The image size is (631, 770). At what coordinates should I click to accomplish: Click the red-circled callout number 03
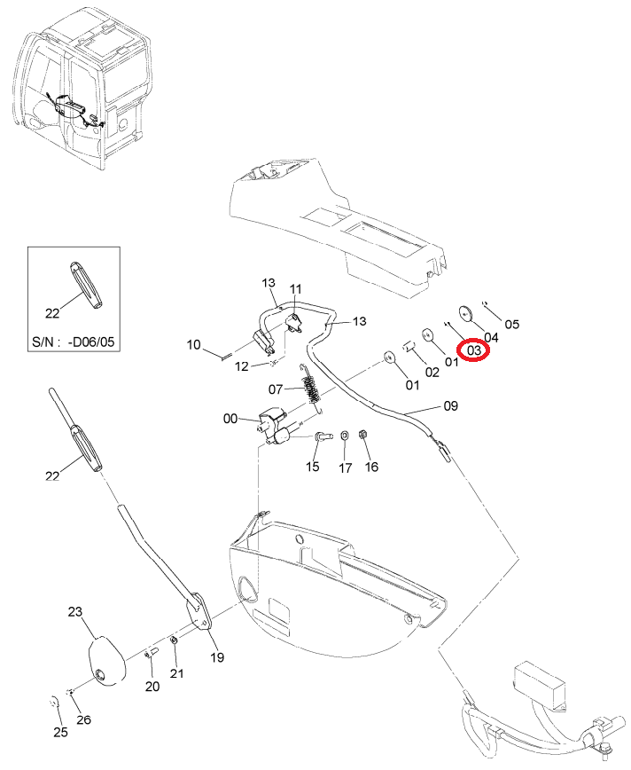pos(474,350)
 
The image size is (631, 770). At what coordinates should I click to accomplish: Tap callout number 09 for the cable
pos(450,405)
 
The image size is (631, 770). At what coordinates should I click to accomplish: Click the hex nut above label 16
pos(363,434)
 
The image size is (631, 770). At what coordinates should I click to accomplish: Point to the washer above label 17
pos(345,435)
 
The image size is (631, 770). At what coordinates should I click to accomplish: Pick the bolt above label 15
pos(322,436)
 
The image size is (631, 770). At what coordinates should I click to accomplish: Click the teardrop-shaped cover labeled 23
pos(106,660)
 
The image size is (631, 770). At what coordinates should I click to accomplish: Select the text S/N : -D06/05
pos(73,342)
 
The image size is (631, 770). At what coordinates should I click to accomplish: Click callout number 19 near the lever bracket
pos(217,656)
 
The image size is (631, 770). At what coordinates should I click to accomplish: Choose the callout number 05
pos(511,324)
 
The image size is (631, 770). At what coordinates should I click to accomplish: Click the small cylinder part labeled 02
pos(409,347)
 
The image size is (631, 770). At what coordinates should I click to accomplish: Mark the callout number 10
pos(194,344)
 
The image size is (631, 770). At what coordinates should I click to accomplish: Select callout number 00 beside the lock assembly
pos(230,419)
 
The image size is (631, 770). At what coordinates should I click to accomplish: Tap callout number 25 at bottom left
pos(60,732)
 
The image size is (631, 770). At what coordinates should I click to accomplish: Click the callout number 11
pos(295,289)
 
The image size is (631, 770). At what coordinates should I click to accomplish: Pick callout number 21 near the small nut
pos(176,673)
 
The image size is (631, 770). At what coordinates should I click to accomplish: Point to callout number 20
pos(152,686)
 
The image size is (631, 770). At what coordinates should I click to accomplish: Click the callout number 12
pos(241,366)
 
